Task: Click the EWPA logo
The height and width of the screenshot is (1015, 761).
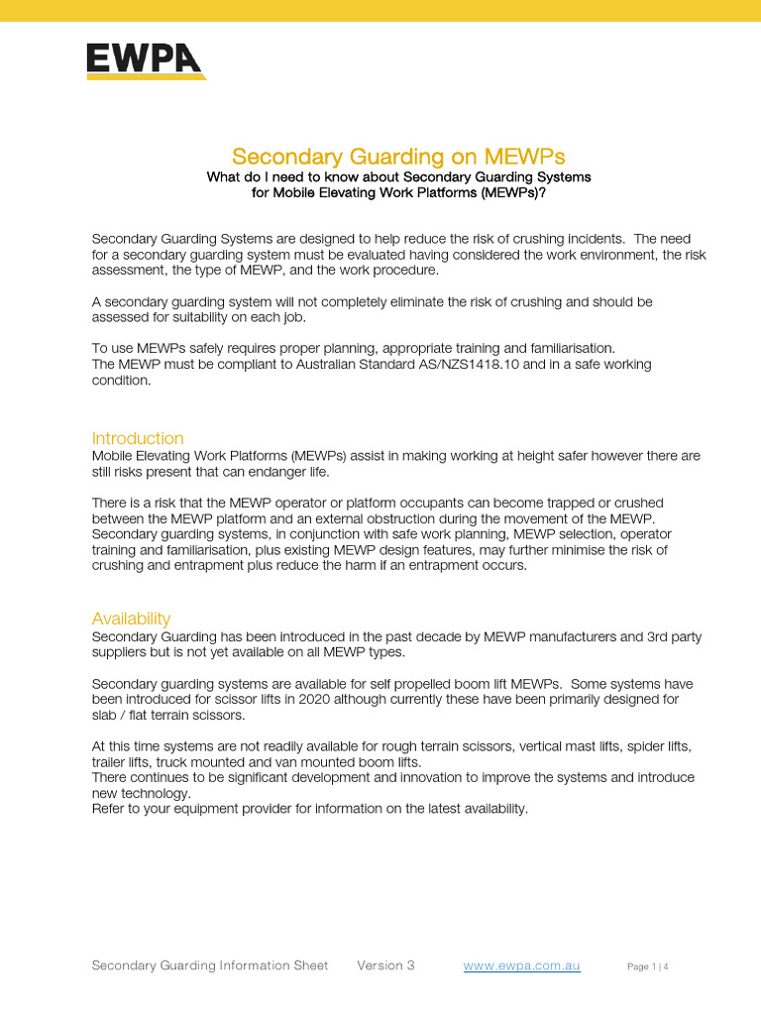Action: pos(146,61)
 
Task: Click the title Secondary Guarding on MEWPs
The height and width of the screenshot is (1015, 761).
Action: pos(398,157)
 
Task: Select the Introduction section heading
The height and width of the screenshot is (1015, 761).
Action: pos(138,438)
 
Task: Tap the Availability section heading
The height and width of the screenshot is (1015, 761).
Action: pos(131,619)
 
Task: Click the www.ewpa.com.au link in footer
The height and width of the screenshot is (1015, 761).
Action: pos(521,965)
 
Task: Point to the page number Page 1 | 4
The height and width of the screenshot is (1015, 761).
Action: pos(648,966)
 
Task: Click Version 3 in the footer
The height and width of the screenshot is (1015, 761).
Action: pos(385,965)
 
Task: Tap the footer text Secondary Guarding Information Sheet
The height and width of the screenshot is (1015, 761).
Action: pos(209,965)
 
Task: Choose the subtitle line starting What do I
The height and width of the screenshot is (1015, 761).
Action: pos(398,177)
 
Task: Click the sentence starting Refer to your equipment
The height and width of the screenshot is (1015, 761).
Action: pos(310,809)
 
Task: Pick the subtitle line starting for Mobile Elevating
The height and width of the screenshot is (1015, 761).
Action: pos(398,193)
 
